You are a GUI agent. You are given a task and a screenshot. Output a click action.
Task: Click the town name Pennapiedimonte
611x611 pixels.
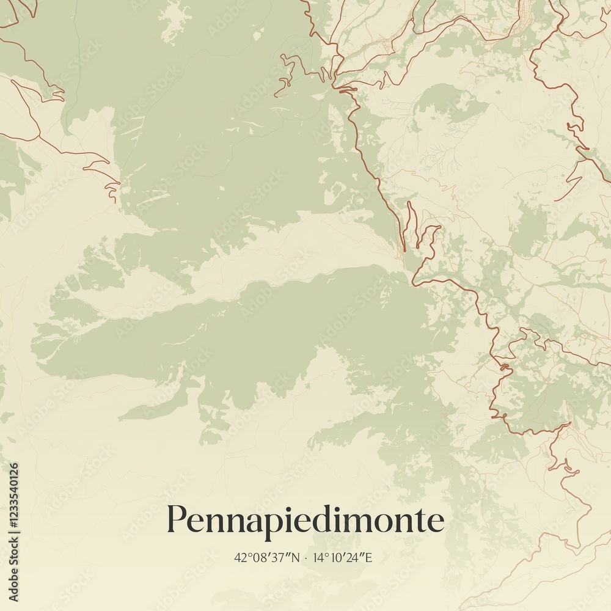pyautogui.click(x=305, y=521)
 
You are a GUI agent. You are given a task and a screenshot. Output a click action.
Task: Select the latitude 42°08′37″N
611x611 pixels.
pyautogui.click(x=268, y=557)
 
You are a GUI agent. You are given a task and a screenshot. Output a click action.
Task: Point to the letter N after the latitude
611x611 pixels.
pyautogui.click(x=296, y=557)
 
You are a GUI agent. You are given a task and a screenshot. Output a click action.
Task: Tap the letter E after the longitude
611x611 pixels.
pyautogui.click(x=368, y=557)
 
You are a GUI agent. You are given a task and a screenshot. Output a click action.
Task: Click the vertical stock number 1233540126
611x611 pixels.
pyautogui.click(x=13, y=532)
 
